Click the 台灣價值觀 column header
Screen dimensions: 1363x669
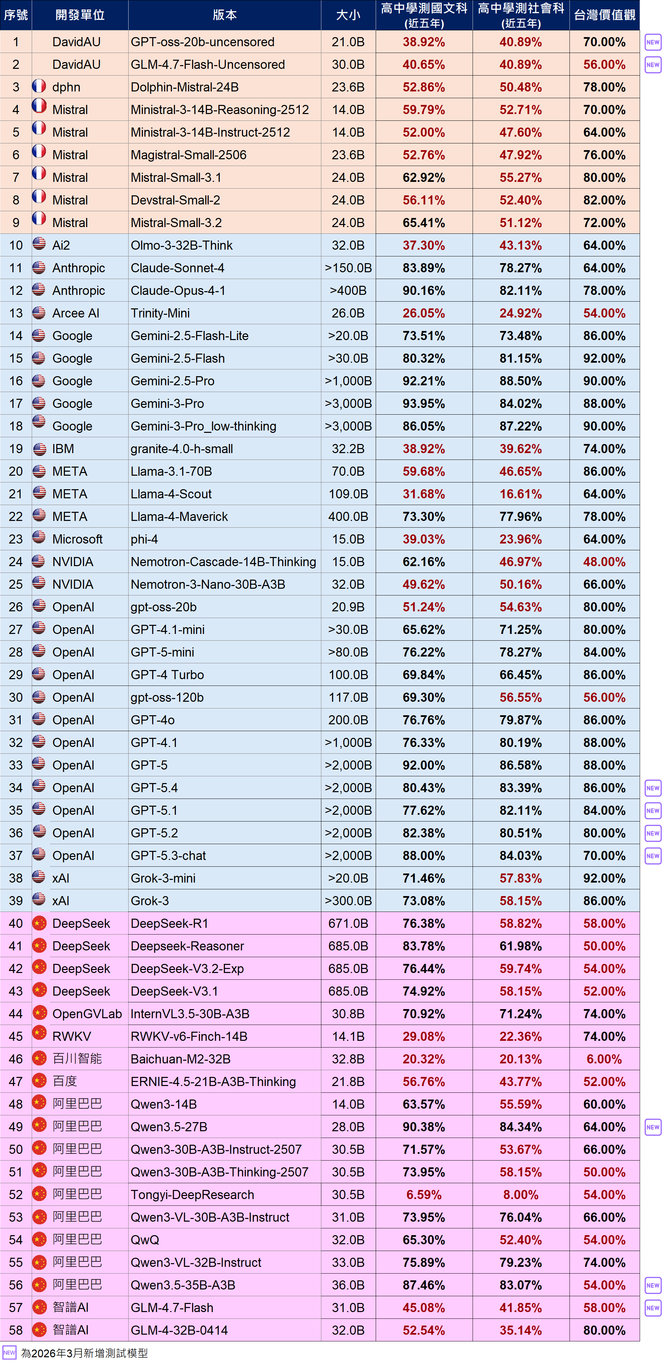pos(605,15)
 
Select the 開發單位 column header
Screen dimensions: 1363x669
pos(80,15)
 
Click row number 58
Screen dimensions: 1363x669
pos(16,1330)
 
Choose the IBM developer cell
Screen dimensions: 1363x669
pos(63,449)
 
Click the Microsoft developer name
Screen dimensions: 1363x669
pos(77,539)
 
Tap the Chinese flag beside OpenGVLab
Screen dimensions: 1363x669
pos(39,1013)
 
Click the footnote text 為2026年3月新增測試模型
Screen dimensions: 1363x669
pos(84,1353)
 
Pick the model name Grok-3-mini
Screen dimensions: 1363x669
pos(163,878)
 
